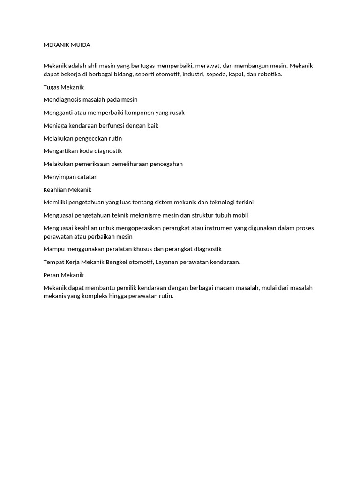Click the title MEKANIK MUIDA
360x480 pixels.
coord(67,45)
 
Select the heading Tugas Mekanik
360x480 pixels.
coord(63,87)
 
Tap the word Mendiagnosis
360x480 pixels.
coord(63,99)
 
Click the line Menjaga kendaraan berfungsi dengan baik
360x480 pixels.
coord(101,125)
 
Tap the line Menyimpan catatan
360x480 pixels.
coord(70,177)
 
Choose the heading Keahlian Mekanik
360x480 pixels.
coord(67,189)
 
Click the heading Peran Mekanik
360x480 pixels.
coord(63,275)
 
